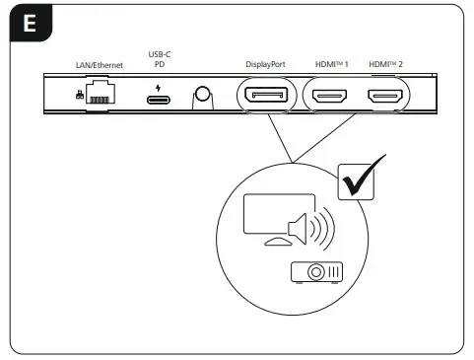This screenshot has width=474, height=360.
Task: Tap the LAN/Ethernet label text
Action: click(x=99, y=65)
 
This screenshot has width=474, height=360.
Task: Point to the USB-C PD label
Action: click(x=158, y=60)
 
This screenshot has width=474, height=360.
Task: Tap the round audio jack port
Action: click(x=204, y=96)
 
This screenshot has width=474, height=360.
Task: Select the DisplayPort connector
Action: click(x=264, y=98)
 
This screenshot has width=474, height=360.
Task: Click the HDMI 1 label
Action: click(x=331, y=65)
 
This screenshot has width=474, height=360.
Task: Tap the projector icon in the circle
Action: click(x=316, y=272)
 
